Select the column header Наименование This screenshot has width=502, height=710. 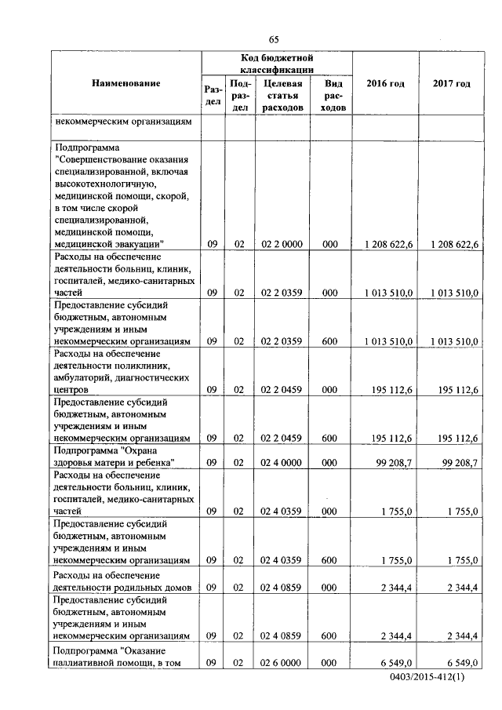click(125, 83)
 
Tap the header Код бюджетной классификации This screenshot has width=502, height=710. click(277, 64)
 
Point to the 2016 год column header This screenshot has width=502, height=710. click(385, 84)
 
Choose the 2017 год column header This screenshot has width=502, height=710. click(451, 84)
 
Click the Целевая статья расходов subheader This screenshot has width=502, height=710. click(283, 95)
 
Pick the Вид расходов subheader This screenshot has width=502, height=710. click(332, 95)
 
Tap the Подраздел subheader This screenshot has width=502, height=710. click(240, 95)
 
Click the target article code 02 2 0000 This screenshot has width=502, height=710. click(283, 245)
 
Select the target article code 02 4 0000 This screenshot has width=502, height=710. click(283, 463)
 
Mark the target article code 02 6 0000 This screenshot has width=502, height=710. click(283, 663)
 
